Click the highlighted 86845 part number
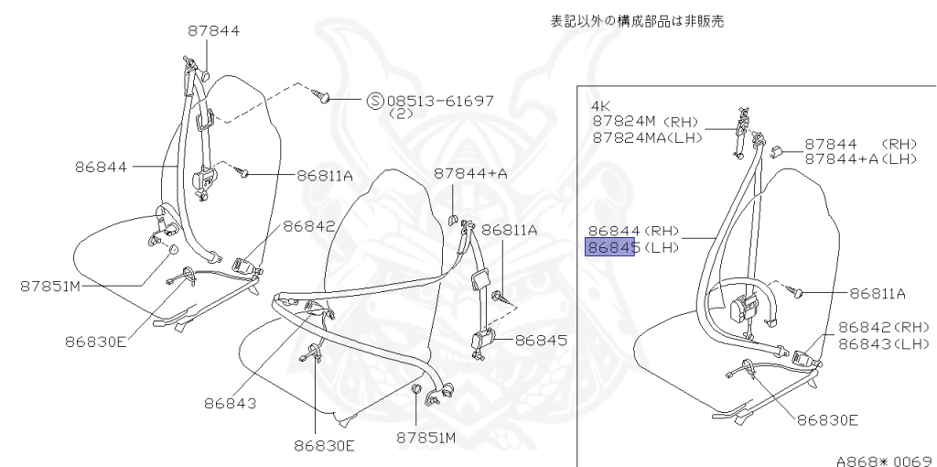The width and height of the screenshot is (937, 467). (609, 248)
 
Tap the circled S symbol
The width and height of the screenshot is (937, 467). (375, 101)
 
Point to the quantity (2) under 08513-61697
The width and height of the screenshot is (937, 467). (402, 114)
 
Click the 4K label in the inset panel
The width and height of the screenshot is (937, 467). (601, 106)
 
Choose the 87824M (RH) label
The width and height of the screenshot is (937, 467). (644, 121)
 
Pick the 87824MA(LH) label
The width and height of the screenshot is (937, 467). (644, 136)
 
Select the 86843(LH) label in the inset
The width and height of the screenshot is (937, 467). (883, 343)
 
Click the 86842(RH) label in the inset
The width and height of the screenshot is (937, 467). (883, 327)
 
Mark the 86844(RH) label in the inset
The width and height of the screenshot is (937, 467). (632, 233)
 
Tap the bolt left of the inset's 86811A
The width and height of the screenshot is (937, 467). (798, 293)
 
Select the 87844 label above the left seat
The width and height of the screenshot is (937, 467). (214, 30)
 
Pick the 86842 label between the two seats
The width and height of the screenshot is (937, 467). (308, 226)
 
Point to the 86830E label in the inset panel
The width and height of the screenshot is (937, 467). (827, 420)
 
